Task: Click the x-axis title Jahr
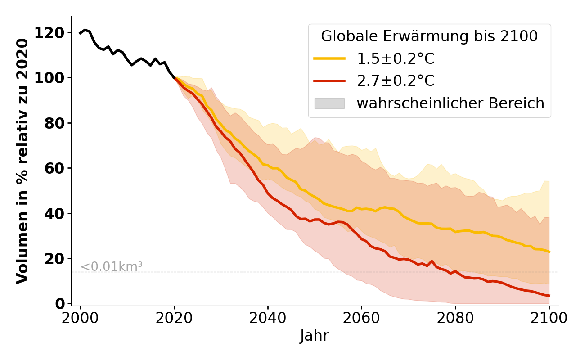pyautogui.click(x=315, y=336)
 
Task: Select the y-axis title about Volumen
pyautogui.click(x=22, y=161)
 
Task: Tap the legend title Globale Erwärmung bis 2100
pyautogui.click(x=429, y=36)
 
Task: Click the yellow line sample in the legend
pyautogui.click(x=329, y=58)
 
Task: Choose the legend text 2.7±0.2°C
pyautogui.click(x=396, y=81)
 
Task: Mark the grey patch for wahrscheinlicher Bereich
pyautogui.click(x=329, y=103)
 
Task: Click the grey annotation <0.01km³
pyautogui.click(x=112, y=267)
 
